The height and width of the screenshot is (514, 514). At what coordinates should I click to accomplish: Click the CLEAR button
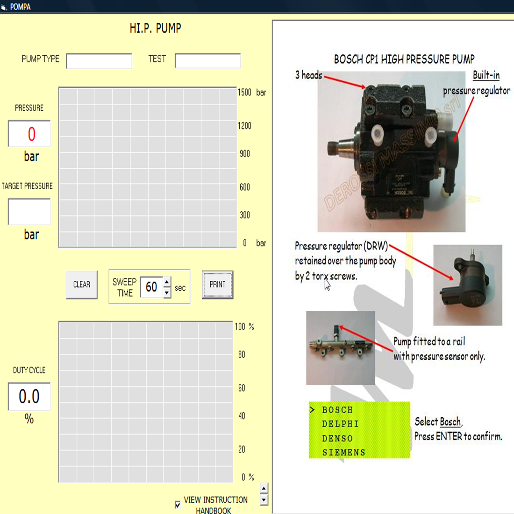click(82, 285)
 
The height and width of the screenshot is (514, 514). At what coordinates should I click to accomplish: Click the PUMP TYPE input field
click(99, 61)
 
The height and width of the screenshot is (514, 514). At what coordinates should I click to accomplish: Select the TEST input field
click(207, 61)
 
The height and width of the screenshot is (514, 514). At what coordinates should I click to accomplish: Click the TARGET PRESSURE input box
click(29, 212)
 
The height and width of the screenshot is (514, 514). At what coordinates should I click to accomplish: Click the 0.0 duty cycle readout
click(29, 397)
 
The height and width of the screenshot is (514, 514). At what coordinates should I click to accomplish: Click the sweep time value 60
click(151, 287)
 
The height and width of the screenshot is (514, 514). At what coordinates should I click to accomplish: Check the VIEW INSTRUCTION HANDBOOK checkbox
click(178, 505)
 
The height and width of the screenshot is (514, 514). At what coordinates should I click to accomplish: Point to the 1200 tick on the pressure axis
click(244, 126)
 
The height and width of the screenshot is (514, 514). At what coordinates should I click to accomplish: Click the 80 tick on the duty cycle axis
click(242, 355)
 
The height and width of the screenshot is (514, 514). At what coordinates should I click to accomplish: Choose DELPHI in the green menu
click(340, 424)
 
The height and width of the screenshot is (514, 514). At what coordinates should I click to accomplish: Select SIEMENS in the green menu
click(343, 452)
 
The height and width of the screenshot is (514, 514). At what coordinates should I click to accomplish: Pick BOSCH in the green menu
click(337, 410)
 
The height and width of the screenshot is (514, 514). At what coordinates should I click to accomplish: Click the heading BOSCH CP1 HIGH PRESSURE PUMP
click(404, 59)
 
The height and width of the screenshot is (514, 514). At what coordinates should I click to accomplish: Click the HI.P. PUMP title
click(155, 29)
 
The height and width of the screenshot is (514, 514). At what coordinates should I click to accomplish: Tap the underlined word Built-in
click(486, 75)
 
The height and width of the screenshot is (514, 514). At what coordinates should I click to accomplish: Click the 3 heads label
click(308, 75)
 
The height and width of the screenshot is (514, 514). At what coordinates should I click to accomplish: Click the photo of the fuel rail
click(341, 348)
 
